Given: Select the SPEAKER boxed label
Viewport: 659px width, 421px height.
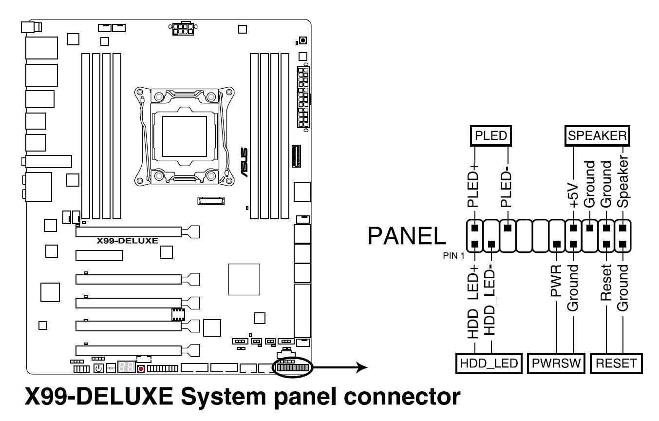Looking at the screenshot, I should coord(597,136).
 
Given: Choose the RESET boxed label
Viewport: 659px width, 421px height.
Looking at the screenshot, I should coord(615,363).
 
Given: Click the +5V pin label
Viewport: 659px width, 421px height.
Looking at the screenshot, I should coord(573,195).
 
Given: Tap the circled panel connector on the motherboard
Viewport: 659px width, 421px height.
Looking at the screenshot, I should coord(293,367).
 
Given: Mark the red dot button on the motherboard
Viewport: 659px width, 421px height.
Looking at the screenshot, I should coord(141,368).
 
